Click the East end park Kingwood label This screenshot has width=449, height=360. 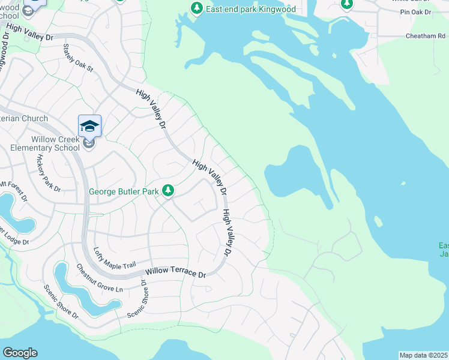(x=251, y=9)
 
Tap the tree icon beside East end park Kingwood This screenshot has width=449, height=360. (x=196, y=8)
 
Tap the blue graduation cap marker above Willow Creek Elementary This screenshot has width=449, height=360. (x=89, y=125)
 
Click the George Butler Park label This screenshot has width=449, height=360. (x=124, y=191)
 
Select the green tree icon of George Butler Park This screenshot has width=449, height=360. (x=169, y=190)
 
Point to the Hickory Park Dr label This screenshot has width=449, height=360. (x=49, y=173)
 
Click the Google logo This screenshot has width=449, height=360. (x=20, y=353)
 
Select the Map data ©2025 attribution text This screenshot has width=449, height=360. (x=424, y=355)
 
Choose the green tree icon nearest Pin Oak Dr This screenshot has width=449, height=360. (x=346, y=4)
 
